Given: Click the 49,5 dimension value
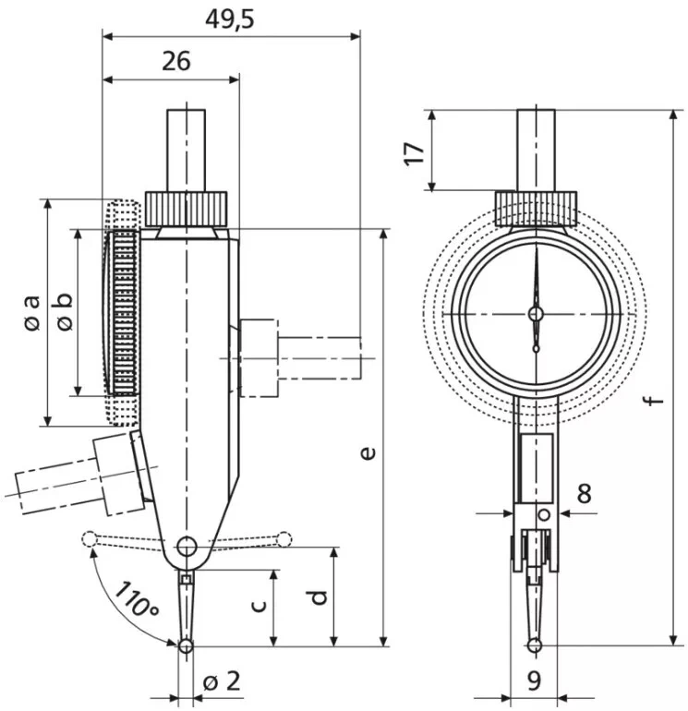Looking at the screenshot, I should coord(230,18).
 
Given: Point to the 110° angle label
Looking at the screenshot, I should coord(136,598).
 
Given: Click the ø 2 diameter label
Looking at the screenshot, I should coord(221,681).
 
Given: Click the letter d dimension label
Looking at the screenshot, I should coord(318,596).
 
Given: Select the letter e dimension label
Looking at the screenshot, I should coord(367,452).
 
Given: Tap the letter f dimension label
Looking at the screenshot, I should coord(654,400).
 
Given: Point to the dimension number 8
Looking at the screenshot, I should coord(584,492).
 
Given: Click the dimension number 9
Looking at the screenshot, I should coord(534,681).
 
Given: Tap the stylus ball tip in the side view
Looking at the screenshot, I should coord(186,646).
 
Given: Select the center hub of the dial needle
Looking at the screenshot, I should coord(536,314).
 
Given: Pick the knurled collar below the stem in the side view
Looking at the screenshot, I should coord(187,208).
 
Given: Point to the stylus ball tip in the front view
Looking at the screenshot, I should coord(535,645).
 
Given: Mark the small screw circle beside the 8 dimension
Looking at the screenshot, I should coord(545,514).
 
